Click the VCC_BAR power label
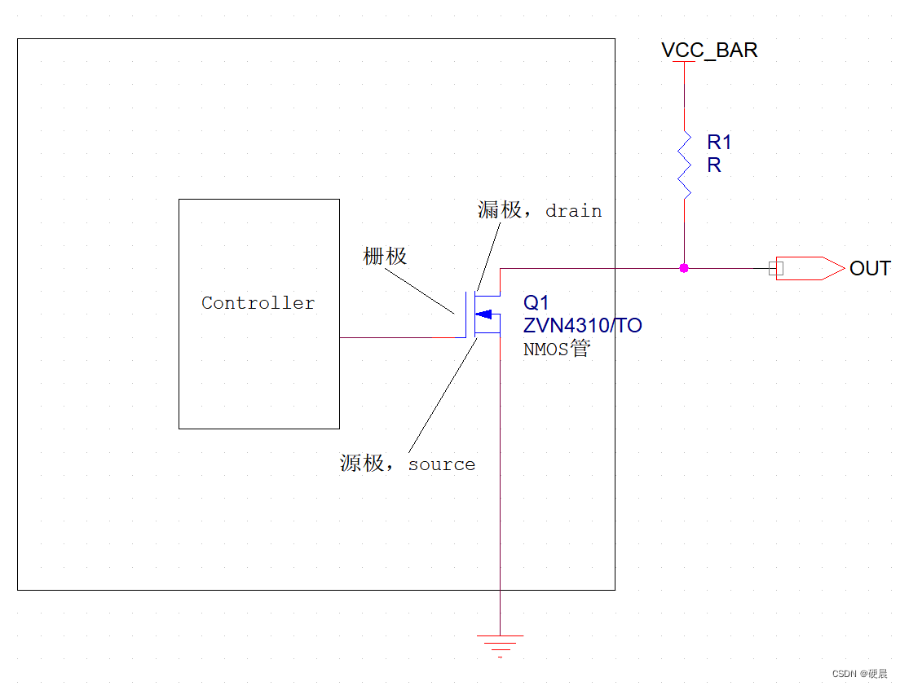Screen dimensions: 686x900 (x=709, y=51)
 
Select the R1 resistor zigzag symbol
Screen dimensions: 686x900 (x=684, y=163)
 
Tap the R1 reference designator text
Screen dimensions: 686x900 (x=719, y=143)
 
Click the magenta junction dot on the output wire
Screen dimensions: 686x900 (x=684, y=268)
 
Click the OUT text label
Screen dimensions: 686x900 (x=870, y=268)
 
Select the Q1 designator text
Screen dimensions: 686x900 (x=536, y=303)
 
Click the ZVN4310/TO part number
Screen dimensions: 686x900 (x=582, y=326)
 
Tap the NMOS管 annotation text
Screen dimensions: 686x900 (x=557, y=350)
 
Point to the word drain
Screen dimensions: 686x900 (x=573, y=211)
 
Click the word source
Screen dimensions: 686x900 (x=441, y=464)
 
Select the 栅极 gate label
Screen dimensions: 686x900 (x=385, y=257)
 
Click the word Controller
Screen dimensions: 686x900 (x=258, y=303)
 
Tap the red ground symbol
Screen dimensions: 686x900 (x=500, y=644)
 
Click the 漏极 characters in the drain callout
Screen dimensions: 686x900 (x=499, y=210)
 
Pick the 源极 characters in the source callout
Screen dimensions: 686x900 (x=362, y=464)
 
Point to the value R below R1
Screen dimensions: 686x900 (x=714, y=165)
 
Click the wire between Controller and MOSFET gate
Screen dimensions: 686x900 (x=399, y=337)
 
